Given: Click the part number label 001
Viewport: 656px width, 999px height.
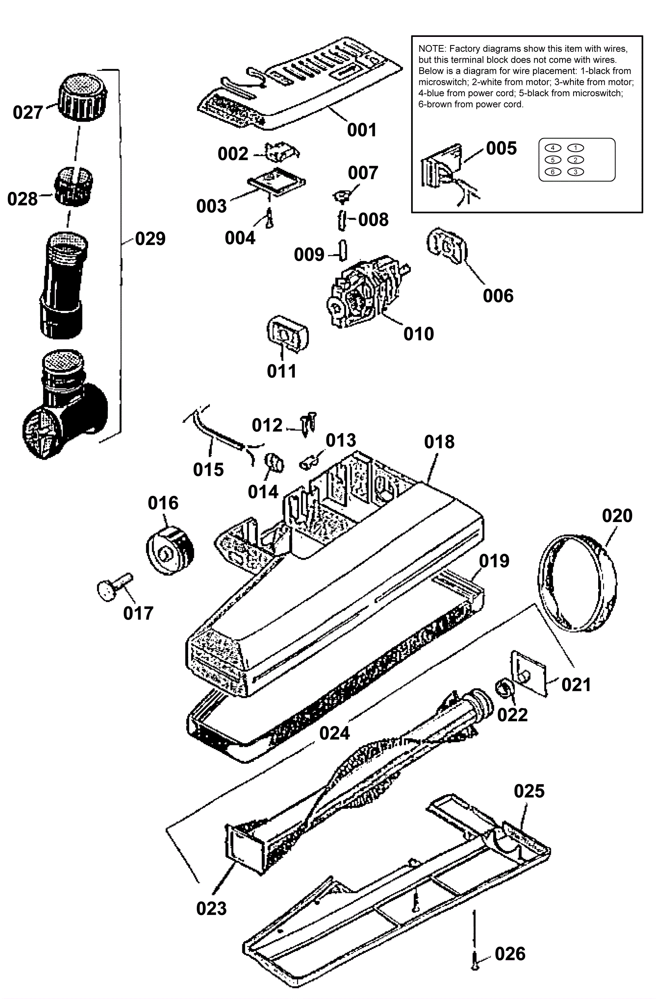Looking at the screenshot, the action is (362, 130).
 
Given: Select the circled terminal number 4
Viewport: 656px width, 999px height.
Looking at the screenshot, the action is (553, 148).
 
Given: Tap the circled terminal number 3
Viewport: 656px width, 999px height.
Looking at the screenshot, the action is (575, 172).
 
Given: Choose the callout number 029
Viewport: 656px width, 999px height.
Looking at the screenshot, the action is (150, 238).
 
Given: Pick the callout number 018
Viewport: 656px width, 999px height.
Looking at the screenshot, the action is (439, 442).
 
